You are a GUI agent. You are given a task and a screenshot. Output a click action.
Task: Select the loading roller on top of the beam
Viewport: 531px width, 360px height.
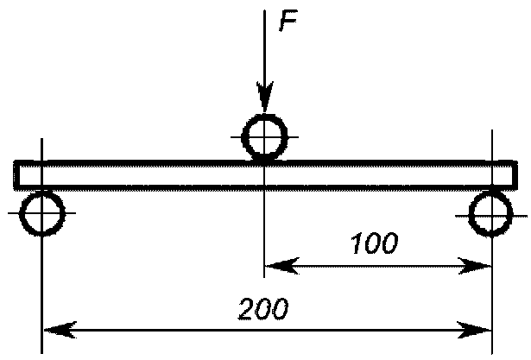[x=265, y=137]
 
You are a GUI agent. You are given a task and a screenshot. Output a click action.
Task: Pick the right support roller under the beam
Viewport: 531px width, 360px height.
[x=491, y=213]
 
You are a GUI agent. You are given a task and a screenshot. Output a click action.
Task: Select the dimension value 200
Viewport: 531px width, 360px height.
[x=262, y=307]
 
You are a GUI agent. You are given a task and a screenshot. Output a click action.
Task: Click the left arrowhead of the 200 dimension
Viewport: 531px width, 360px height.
[x=54, y=329]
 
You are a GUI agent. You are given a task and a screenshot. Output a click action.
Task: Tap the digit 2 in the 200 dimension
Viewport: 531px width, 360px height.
[x=247, y=307]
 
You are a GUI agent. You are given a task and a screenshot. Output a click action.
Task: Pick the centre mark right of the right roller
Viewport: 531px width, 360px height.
[x=518, y=213]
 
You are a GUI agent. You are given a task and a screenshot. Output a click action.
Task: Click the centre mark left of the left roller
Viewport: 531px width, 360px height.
[x=12, y=213]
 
